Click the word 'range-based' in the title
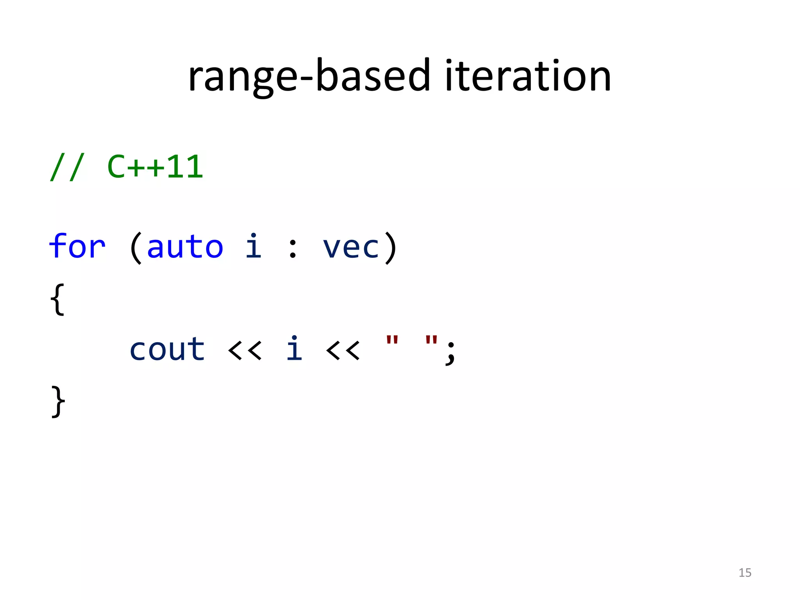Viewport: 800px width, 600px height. point(309,76)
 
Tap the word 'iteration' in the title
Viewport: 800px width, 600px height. point(527,76)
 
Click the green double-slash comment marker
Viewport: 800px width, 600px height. point(66,167)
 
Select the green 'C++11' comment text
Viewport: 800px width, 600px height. point(155,167)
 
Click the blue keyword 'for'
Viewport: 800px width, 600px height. point(77,247)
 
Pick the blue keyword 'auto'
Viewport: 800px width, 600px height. point(185,247)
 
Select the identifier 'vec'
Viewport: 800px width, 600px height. point(351,248)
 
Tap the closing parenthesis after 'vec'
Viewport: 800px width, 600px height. point(391,248)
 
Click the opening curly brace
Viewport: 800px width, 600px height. point(57,299)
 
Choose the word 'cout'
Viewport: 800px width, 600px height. point(167,349)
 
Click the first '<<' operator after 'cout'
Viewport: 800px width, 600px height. point(245,350)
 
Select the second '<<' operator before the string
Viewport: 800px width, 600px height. point(343,350)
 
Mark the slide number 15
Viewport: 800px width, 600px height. point(745,573)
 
